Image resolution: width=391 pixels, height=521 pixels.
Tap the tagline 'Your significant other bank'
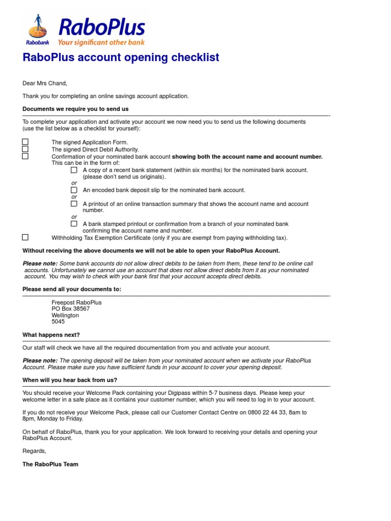(101, 43)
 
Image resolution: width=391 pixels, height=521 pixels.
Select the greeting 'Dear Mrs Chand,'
(45, 83)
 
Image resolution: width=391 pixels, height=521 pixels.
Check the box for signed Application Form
(25, 142)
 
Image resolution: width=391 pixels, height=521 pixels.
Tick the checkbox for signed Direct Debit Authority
(25, 149)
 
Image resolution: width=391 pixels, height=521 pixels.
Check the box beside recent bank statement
(74, 170)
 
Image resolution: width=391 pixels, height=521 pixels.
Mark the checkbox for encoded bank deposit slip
(74, 190)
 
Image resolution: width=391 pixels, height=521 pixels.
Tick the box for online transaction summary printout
(74, 204)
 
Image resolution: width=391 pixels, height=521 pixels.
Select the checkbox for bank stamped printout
(74, 223)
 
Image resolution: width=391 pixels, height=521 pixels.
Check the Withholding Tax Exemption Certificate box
(25, 237)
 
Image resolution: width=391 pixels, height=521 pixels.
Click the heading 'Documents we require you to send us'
(75, 109)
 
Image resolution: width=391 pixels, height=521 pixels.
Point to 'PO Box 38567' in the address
(71, 309)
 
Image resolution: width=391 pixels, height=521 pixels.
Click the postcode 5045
(59, 322)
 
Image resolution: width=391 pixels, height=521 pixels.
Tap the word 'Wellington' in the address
(65, 315)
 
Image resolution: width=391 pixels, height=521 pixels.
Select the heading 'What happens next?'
(51, 335)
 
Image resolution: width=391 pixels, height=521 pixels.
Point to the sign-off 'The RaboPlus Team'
(50, 464)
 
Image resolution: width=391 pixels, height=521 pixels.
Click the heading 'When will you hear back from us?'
(70, 380)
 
